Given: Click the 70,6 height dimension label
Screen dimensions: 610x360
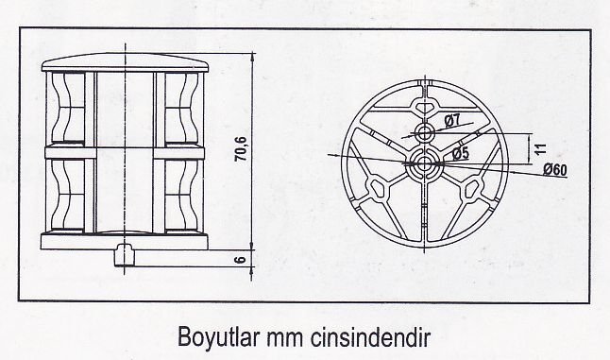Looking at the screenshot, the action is coord(242,149).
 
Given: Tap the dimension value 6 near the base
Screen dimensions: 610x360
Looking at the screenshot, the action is coord(241,259).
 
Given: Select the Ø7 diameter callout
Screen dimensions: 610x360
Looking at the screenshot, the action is coord(451,121).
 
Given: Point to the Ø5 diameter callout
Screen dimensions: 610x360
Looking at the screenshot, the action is coord(461,153).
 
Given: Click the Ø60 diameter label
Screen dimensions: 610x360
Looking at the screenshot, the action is coord(555,170).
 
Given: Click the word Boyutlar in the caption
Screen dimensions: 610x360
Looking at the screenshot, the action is coord(219,336).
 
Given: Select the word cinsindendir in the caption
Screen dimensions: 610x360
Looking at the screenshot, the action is coord(370,337).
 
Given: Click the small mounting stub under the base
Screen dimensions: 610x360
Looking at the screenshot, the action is coord(125,255).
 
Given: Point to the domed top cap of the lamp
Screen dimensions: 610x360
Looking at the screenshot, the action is coord(126,63).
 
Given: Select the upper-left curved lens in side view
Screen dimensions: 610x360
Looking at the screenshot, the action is coord(68,109).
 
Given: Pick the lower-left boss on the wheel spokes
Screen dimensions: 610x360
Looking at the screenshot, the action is coord(378,189).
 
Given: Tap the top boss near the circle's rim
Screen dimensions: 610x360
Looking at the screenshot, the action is coord(425,106).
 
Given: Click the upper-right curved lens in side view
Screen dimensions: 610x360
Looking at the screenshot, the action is coord(181,109).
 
